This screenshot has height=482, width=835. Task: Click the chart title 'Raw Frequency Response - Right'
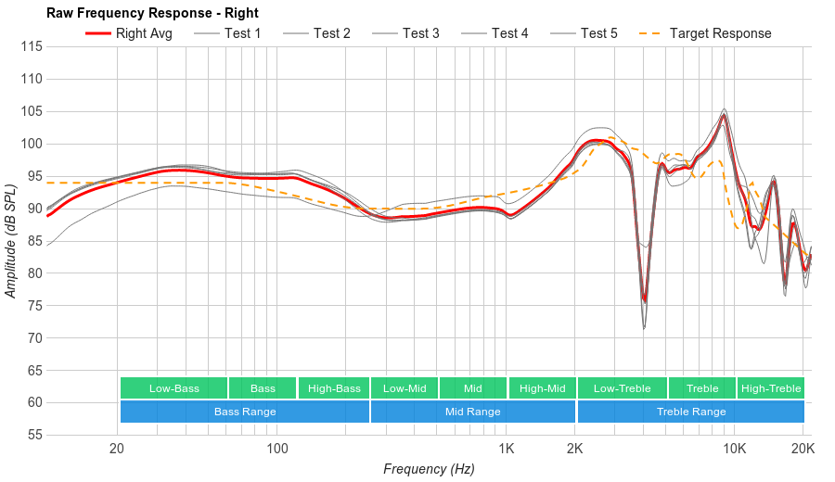152,13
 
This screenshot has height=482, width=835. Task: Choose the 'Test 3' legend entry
420,33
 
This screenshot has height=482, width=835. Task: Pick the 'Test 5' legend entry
598,33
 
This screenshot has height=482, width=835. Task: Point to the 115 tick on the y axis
32,46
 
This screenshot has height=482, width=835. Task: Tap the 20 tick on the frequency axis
117,450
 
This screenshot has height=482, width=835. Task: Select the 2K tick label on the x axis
575,450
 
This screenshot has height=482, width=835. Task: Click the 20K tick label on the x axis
803,450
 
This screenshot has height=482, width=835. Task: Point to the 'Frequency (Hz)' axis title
429,469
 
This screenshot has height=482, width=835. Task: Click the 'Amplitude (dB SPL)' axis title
11,240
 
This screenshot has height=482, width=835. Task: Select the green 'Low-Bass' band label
173,388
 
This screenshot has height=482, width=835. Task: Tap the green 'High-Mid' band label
542,388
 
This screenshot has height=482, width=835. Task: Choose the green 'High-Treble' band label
771,388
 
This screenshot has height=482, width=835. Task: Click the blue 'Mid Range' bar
472,412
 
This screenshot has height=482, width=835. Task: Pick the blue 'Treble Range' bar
691,412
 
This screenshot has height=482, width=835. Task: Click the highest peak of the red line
724,116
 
